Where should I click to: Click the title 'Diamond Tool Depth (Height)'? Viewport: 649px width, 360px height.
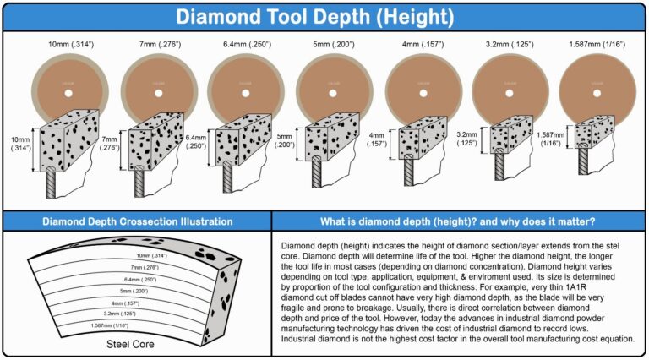click(x=324, y=15)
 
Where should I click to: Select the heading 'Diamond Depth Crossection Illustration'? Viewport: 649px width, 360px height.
click(x=137, y=221)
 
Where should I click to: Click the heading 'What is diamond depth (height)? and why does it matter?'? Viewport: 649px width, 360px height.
click(x=460, y=221)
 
